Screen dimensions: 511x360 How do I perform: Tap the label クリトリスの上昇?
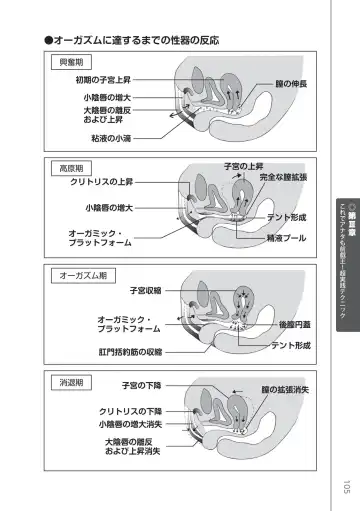tap(102, 182)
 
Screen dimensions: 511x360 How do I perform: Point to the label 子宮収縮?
tap(135, 289)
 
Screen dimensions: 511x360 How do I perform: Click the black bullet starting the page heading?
tap(46, 40)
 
